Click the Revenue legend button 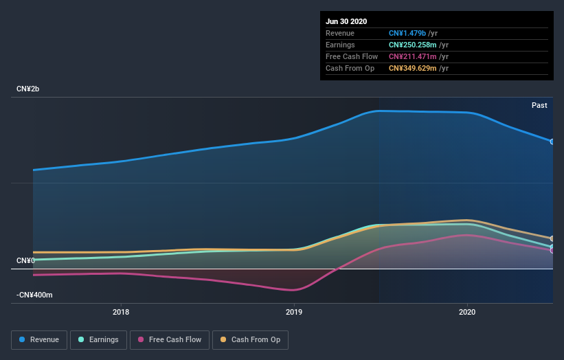click(39, 339)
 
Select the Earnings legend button click(98, 339)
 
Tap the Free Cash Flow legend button click(169, 339)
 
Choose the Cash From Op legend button click(250, 339)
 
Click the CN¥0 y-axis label click(25, 260)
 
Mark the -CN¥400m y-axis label click(34, 295)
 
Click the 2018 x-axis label click(121, 312)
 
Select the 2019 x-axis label click(294, 312)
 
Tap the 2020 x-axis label click(467, 312)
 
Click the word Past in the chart click(539, 105)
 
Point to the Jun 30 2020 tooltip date click(346, 21)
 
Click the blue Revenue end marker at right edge click(552, 142)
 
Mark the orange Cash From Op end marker click(552, 238)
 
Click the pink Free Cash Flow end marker click(552, 250)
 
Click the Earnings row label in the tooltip click(340, 45)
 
